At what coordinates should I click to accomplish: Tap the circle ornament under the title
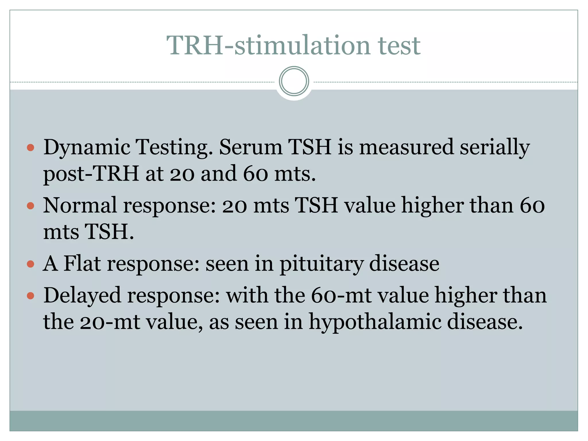(x=294, y=81)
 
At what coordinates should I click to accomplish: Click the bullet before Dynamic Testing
(x=30, y=148)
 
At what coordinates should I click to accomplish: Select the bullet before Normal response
(x=30, y=206)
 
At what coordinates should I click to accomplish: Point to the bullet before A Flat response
(x=30, y=264)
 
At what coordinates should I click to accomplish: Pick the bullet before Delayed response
(x=30, y=296)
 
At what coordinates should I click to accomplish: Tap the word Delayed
(x=82, y=296)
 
